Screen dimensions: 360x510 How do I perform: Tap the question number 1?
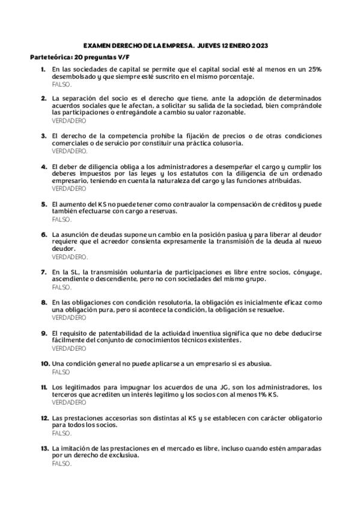[43, 70]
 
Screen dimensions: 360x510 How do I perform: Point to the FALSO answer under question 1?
[61, 84]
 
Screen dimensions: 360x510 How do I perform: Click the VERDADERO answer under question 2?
[69, 120]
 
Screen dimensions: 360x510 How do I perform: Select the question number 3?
[43, 136]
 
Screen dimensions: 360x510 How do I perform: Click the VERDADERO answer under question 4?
[69, 188]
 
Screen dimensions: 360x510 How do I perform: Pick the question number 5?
[43, 204]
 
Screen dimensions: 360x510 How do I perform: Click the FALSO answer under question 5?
[61, 220]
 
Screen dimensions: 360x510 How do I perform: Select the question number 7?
[43, 272]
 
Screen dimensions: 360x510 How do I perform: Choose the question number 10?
[44, 364]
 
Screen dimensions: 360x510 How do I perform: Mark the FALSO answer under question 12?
[61, 433]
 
